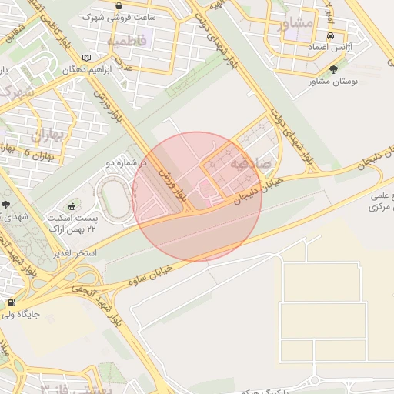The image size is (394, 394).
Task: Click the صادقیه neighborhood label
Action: point(252,162)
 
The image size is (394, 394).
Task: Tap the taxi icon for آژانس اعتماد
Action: point(330,36)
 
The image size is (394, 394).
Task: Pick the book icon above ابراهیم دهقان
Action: point(86,57)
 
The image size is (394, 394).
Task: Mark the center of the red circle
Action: point(198,196)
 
